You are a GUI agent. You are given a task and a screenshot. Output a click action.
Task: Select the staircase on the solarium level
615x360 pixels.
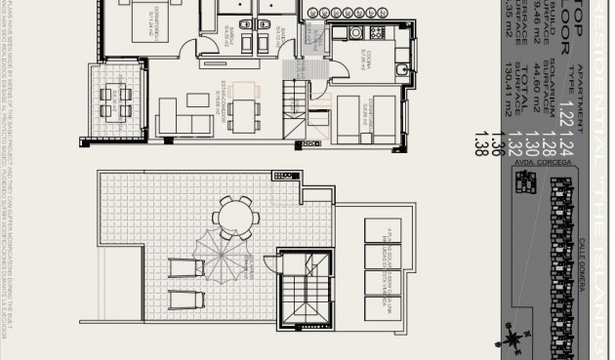[305, 290]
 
